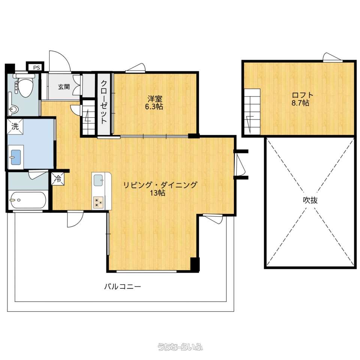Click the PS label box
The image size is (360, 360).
[x=35, y=67]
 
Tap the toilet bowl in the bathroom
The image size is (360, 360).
[x=25, y=86]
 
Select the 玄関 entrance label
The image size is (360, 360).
[x=64, y=87]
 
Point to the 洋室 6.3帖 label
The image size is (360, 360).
[x=154, y=103]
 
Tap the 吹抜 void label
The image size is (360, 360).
[x=310, y=200]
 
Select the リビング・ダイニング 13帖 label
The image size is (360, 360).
[x=160, y=189]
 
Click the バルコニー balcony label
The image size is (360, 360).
[x=122, y=287]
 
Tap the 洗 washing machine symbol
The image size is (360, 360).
[x=15, y=126]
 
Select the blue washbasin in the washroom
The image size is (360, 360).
[x=16, y=157]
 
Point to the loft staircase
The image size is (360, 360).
[x=252, y=112]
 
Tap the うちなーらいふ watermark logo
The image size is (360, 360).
[x=180, y=346]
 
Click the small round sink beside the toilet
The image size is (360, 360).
[x=13, y=110]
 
